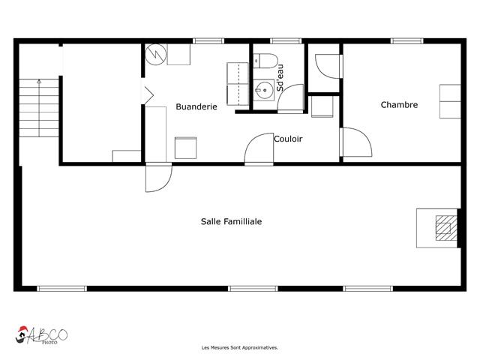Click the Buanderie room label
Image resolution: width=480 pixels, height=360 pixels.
[196, 106]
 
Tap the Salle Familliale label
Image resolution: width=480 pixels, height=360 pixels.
[232, 221]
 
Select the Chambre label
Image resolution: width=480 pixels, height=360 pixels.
[399, 105]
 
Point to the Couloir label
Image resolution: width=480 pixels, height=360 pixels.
[288, 139]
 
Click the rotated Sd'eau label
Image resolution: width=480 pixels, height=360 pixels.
[280, 78]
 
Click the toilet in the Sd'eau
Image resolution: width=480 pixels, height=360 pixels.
[265, 61]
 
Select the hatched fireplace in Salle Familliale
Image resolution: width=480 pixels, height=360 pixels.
[447, 228]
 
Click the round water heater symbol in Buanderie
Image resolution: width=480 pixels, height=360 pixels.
[156, 55]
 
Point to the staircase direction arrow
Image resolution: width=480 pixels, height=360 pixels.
[39, 108]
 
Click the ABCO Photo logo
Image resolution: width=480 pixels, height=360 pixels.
[42, 335]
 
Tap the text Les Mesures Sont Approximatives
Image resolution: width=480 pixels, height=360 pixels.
[240, 348]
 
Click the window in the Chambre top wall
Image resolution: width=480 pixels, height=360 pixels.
[407, 41]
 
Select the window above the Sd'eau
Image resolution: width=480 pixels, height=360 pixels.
[286, 41]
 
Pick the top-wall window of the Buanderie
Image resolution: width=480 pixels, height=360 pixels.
[208, 41]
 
